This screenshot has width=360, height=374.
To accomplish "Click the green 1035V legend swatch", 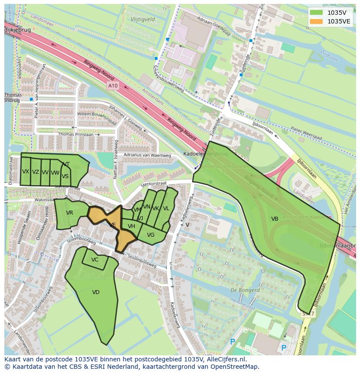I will [317, 13].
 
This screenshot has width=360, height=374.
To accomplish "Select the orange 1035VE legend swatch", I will [317, 21].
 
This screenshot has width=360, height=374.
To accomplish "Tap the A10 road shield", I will [113, 86].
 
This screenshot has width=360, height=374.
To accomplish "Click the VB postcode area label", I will [275, 219].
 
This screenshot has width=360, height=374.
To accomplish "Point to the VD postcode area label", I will [96, 292].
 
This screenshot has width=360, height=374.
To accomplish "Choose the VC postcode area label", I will [95, 260].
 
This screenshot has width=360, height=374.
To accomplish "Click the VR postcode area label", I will [70, 213].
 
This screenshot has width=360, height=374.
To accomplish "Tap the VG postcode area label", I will [150, 235].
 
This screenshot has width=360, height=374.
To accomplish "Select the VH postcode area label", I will [131, 226].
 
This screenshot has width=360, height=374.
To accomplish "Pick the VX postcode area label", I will [26, 172].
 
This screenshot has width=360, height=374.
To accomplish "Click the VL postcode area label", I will [166, 209].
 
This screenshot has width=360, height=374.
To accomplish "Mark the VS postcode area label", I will [65, 176].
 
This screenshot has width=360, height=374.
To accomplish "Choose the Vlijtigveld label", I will [143, 20].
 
